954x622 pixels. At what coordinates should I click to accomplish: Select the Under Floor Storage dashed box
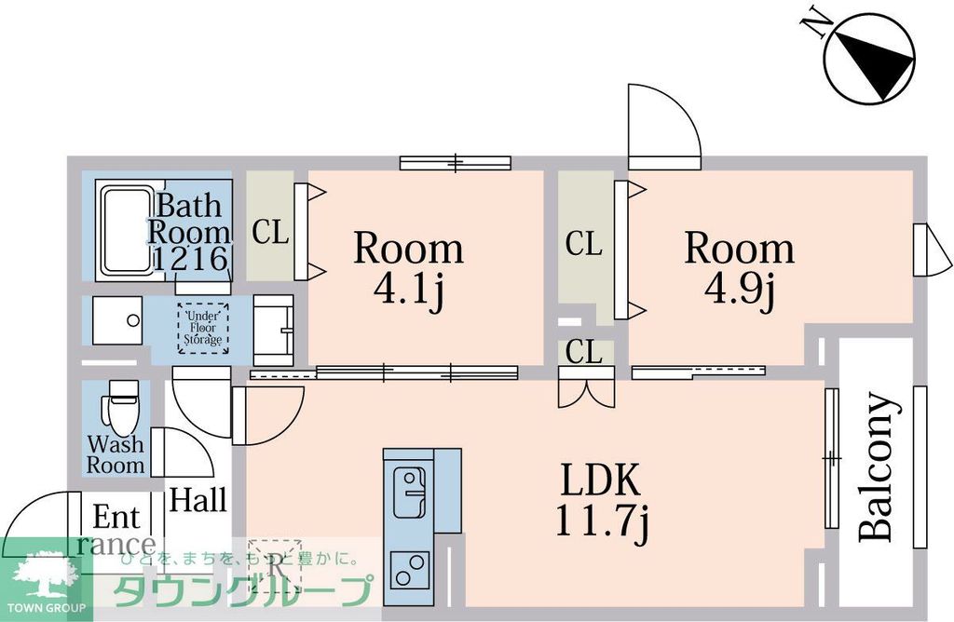202,328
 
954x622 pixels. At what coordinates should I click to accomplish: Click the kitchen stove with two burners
409,567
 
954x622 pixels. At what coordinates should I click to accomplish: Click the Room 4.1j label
408,268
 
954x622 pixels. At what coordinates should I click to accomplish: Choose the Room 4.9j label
740,268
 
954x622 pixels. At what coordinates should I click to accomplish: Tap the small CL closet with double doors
585,354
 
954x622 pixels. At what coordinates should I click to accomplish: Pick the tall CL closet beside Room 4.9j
584,244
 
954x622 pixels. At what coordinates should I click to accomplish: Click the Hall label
198,500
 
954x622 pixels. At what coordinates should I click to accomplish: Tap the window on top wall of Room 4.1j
456,163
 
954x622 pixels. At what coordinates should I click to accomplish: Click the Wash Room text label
116,454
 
